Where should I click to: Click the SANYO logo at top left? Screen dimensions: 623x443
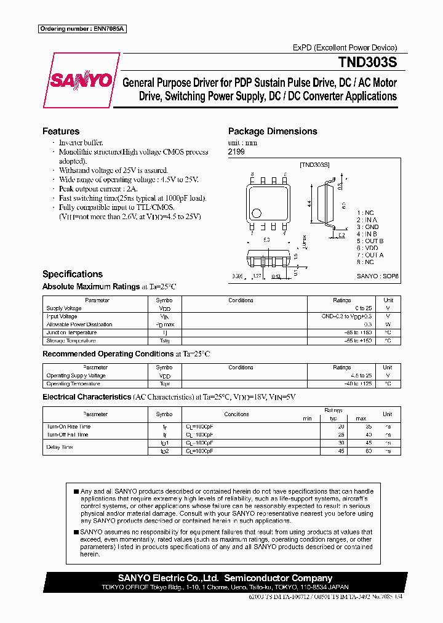point(81,80)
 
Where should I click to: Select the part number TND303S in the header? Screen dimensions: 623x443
point(367,63)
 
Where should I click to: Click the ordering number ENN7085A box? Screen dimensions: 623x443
point(82,29)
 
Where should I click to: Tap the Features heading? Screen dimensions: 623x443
point(61,131)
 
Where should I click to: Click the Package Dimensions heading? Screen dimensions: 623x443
point(273,131)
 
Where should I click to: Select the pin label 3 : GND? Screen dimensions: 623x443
point(367,227)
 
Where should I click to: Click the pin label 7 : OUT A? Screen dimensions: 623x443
point(370,255)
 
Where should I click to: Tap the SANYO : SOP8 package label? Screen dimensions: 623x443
point(377,277)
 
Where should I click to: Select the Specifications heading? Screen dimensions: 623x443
point(73,274)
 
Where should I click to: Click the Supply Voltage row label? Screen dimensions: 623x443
point(64,308)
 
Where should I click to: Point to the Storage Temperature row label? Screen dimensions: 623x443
point(71,340)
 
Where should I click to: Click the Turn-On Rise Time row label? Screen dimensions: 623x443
point(68,427)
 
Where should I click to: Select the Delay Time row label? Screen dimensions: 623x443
point(60,447)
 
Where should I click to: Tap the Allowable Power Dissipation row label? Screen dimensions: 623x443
point(79,324)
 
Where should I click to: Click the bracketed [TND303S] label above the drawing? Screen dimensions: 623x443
point(314,165)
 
